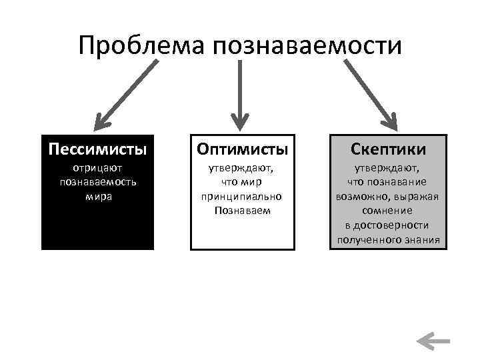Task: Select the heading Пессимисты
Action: click(x=97, y=147)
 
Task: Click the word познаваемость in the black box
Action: click(x=98, y=183)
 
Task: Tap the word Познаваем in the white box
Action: click(x=241, y=210)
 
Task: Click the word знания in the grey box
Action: click(x=425, y=239)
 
